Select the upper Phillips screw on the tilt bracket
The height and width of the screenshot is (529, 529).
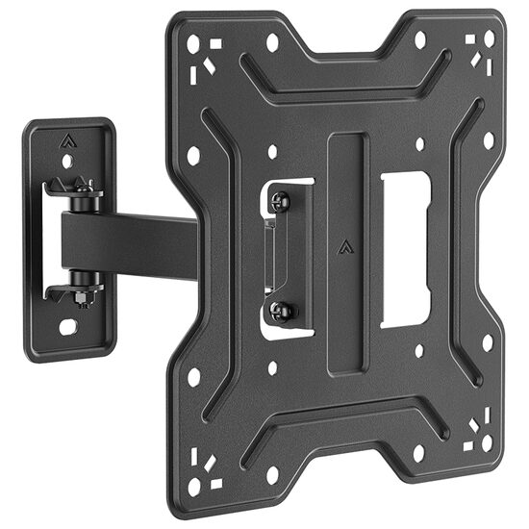[281, 201]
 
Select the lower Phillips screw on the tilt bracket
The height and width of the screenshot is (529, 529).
[281, 309]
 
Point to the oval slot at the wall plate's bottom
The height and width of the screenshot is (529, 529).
[68, 327]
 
